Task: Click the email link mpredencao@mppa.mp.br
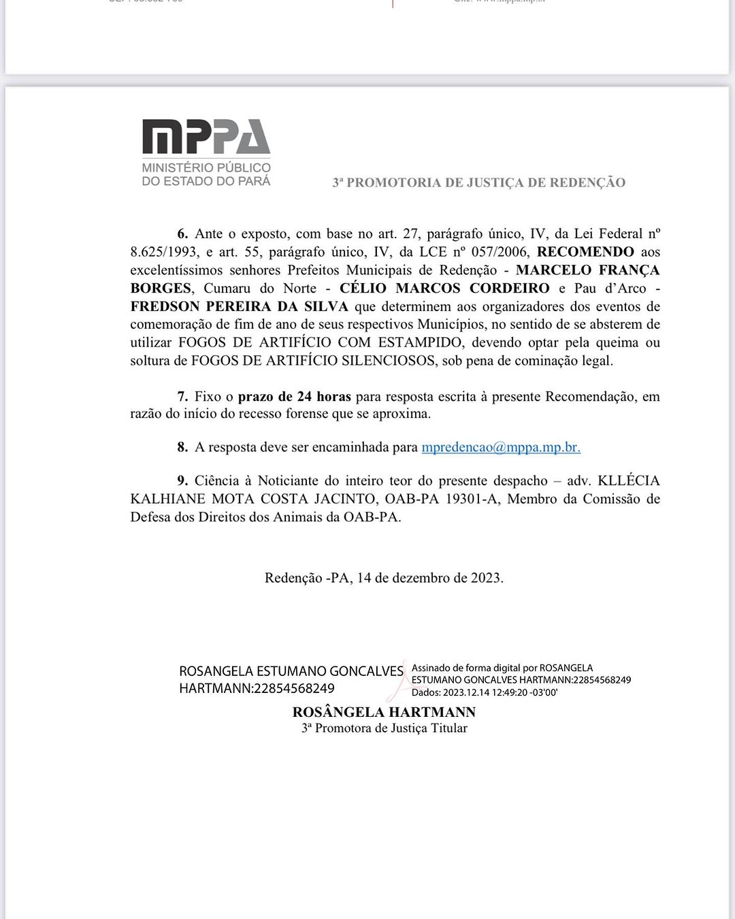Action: tap(501, 447)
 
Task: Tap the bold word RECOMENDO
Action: tap(585, 252)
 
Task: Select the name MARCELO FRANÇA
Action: tap(587, 270)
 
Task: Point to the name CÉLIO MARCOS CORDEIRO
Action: tap(444, 288)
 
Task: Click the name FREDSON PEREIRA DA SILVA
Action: tap(239, 306)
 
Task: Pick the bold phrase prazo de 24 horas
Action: tap(294, 396)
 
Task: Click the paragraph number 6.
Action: tap(182, 234)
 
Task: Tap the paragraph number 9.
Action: tap(182, 481)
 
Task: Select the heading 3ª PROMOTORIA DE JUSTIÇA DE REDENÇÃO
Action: tap(478, 182)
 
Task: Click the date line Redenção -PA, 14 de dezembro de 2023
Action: tap(384, 578)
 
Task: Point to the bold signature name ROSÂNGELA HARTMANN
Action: tap(384, 712)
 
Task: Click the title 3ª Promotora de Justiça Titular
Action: tap(384, 728)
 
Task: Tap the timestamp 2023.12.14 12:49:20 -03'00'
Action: tap(500, 692)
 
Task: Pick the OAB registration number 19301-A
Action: tap(473, 499)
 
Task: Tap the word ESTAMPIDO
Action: tap(421, 342)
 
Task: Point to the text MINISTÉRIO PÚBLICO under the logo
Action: tap(206, 167)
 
